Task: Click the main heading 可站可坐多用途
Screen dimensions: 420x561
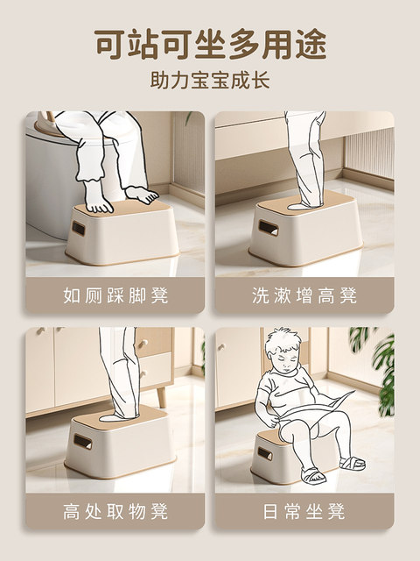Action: click(x=210, y=44)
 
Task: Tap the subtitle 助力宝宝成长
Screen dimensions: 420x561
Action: click(x=210, y=80)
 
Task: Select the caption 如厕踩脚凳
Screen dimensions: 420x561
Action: click(x=115, y=295)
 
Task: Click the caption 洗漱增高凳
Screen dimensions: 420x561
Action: click(x=304, y=295)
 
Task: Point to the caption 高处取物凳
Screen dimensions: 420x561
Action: click(x=115, y=511)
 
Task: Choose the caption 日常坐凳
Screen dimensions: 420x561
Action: click(x=304, y=511)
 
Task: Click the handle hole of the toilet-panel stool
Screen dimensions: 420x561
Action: click(x=78, y=228)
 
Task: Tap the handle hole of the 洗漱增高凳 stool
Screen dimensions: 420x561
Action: click(x=269, y=228)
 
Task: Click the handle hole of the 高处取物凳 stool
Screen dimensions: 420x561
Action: click(x=82, y=442)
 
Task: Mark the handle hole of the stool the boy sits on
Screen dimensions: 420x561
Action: click(x=265, y=454)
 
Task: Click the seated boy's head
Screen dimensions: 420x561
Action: click(x=283, y=351)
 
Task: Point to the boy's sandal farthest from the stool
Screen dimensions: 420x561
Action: click(x=352, y=463)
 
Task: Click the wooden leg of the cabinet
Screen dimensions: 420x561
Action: click(x=161, y=396)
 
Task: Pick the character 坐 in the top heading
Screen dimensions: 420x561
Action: click(x=210, y=44)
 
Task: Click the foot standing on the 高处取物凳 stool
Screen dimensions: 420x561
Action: click(x=118, y=417)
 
